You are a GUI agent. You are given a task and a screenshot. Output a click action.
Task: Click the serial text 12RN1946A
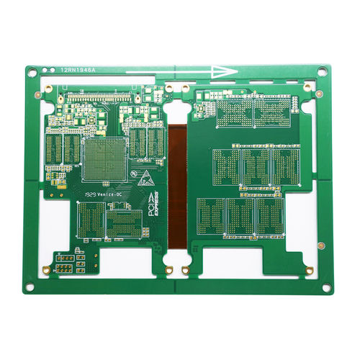(78, 70)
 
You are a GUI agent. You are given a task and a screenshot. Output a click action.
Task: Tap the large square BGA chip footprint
(104, 158)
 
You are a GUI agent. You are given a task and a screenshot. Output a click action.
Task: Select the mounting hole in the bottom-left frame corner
(30, 287)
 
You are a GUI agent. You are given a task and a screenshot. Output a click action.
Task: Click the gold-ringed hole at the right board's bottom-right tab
(309, 270)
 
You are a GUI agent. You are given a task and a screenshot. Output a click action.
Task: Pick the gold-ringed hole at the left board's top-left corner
(48, 89)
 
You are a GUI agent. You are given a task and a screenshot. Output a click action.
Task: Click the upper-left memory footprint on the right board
(235, 112)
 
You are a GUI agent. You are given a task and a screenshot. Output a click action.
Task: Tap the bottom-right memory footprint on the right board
(271, 216)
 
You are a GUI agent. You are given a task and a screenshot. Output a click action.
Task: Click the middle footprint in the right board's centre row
(256, 166)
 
